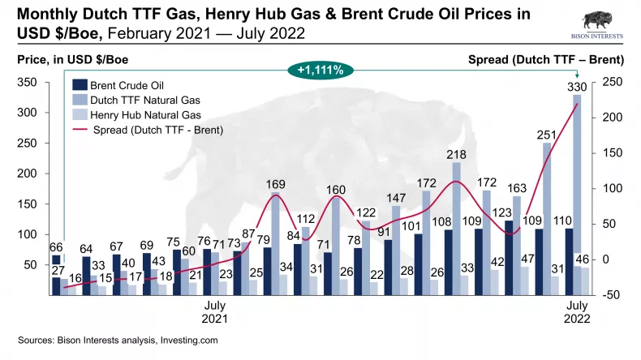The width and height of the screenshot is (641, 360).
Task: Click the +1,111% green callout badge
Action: click(320, 71)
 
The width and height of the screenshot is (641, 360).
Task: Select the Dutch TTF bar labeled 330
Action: click(577, 195)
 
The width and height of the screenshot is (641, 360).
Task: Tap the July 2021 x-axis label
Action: click(213, 311)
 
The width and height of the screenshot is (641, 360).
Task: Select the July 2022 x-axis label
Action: click(577, 311)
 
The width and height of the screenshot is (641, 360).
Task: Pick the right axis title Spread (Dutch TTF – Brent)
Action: click(545, 59)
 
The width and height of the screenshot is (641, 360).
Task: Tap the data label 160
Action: click(335, 189)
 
